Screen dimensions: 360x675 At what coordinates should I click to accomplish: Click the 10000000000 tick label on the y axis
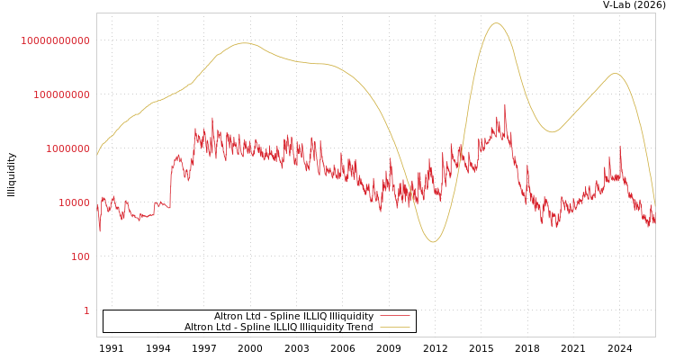56,40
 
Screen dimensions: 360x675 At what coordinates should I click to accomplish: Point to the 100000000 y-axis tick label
56,94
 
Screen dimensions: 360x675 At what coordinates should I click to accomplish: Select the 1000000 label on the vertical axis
61,148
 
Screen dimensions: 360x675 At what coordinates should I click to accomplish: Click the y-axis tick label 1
86,310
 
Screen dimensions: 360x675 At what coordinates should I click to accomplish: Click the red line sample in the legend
394,316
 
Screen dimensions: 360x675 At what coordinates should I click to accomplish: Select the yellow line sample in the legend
394,327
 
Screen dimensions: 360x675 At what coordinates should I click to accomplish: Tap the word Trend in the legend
360,327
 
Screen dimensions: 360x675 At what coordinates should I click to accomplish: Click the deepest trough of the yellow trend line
433,241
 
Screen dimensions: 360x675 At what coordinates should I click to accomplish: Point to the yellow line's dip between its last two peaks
552,132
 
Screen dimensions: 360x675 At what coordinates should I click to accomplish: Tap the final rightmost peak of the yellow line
615,74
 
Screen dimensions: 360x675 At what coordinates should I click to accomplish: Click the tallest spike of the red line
505,104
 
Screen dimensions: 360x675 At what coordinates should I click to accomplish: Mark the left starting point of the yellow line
97,155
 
